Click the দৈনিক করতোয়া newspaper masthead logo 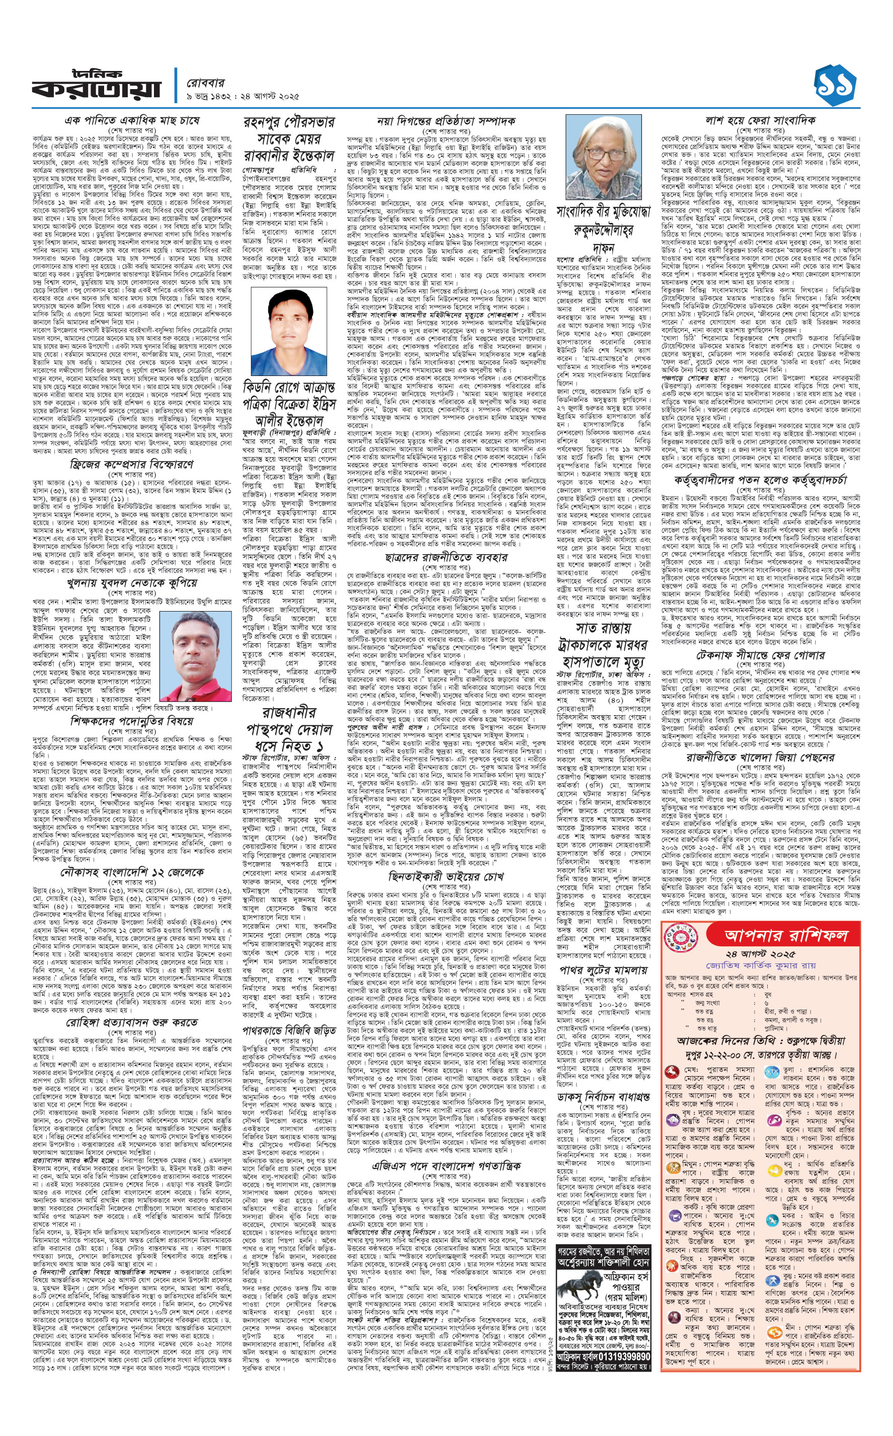pos(96,85)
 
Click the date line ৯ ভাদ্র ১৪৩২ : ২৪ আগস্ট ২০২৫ pos(242,96)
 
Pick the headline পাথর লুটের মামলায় pos(602,969)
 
